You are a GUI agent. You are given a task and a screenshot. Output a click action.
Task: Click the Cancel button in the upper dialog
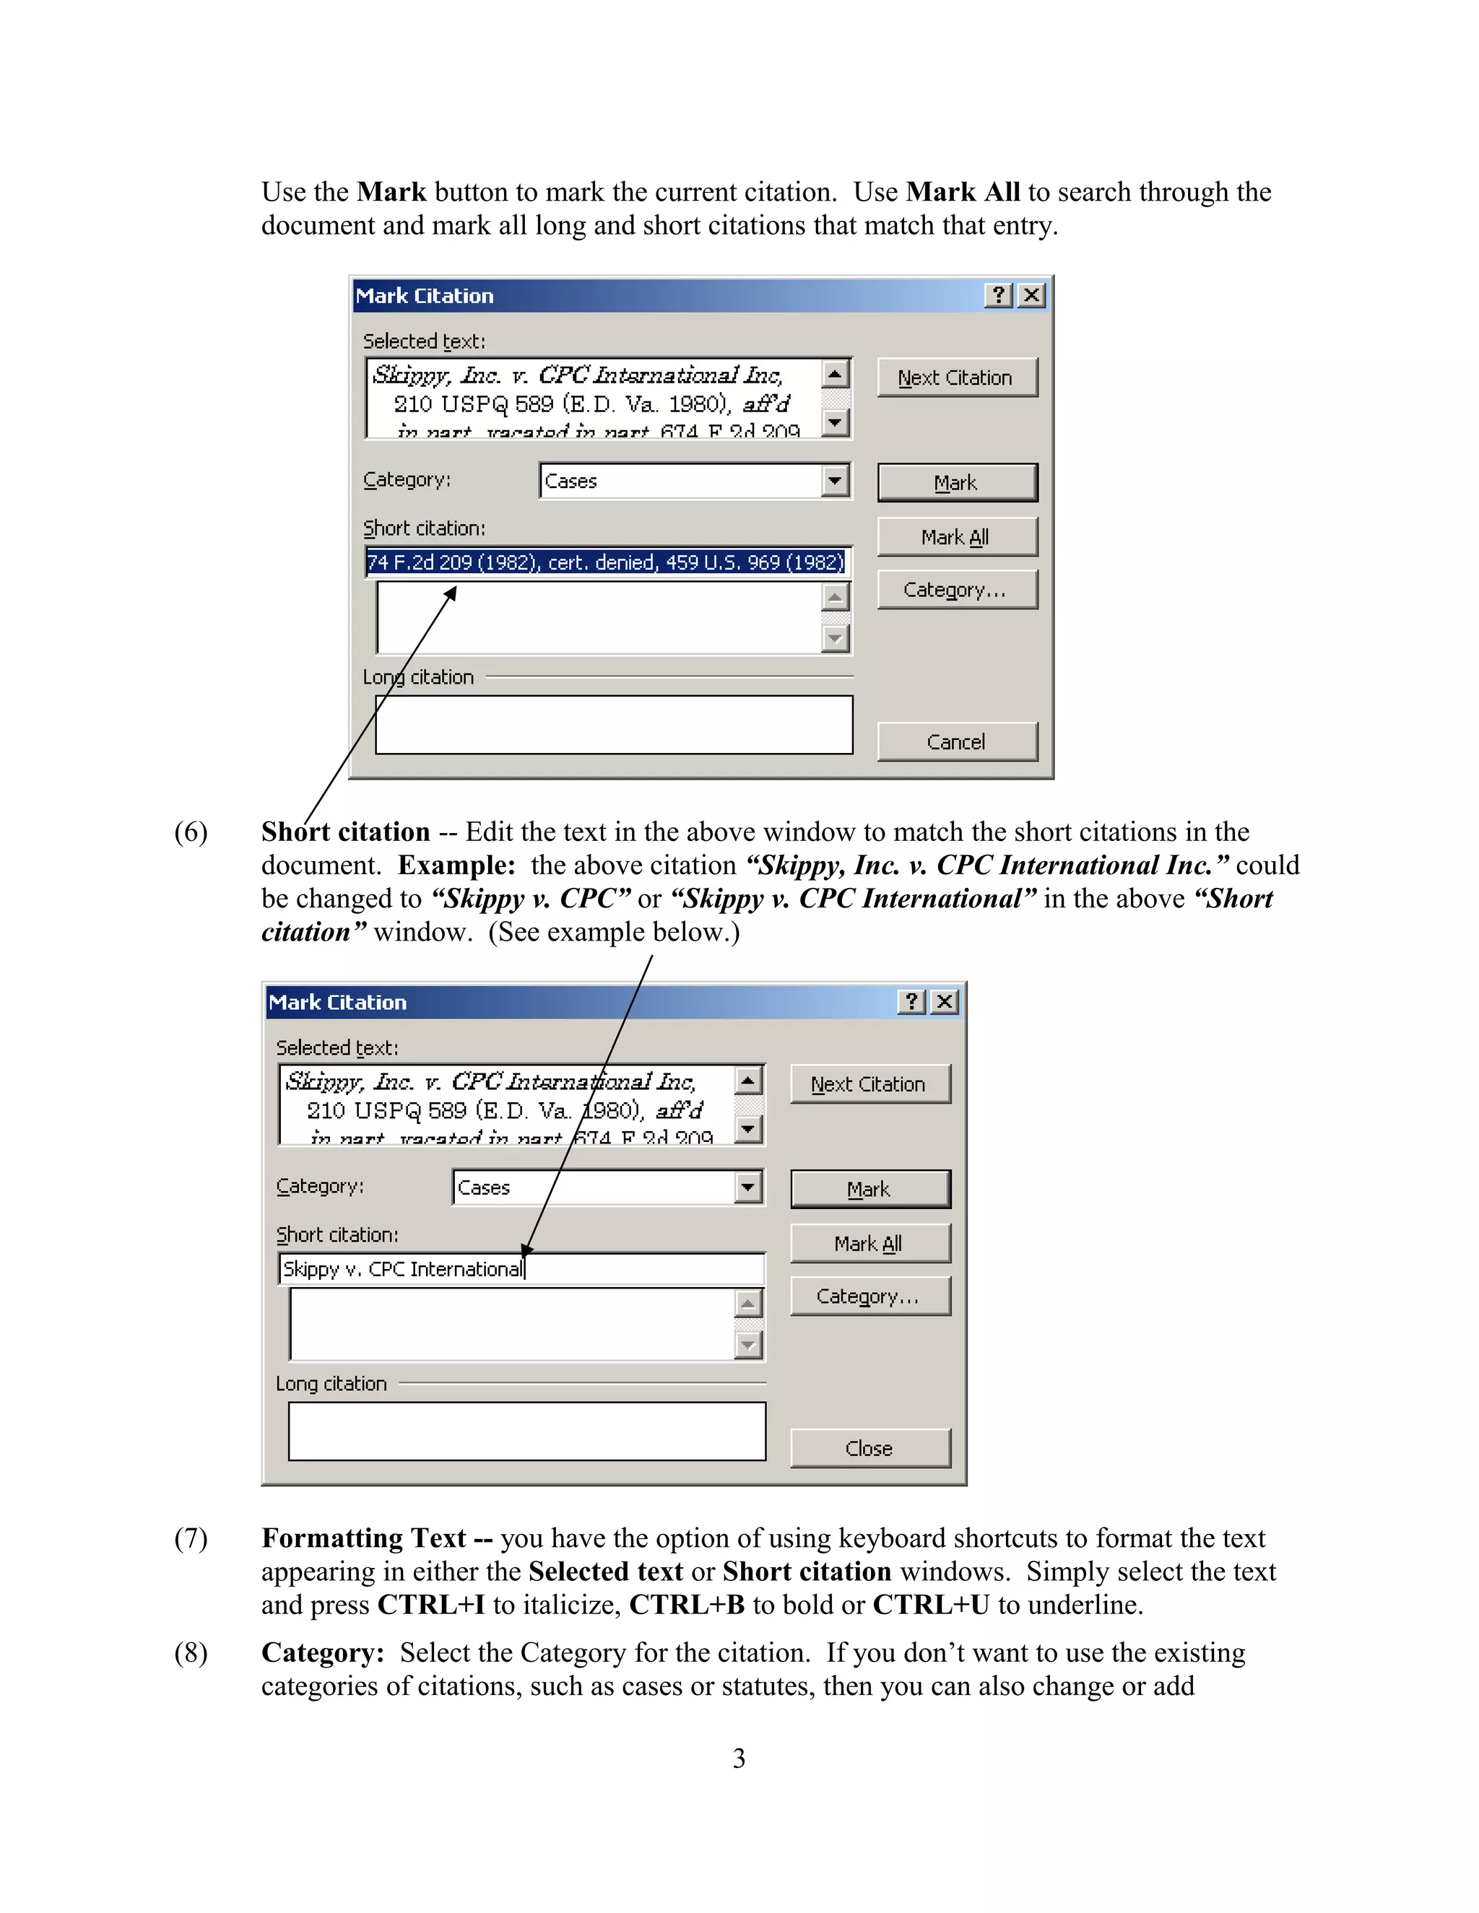point(957,742)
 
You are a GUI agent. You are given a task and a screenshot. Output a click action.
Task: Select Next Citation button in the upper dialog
point(957,378)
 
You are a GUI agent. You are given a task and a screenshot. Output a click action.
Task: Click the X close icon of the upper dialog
point(1032,295)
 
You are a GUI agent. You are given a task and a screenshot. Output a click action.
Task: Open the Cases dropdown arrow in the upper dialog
point(835,480)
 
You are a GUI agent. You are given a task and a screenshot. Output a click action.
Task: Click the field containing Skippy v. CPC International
point(521,1268)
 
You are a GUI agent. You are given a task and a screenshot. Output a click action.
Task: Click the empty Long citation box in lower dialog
point(526,1430)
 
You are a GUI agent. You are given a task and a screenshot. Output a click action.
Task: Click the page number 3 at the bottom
point(739,1758)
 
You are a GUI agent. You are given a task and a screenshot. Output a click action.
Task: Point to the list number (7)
point(191,1538)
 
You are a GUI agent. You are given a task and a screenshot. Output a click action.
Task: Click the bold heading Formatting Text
point(364,1538)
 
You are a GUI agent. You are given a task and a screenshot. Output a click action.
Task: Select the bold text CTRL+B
point(686,1605)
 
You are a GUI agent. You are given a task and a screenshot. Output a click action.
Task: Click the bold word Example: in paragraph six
point(456,866)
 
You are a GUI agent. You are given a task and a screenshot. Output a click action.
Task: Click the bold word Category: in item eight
point(322,1653)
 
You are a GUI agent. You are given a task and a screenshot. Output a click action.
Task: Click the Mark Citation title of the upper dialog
point(425,296)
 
